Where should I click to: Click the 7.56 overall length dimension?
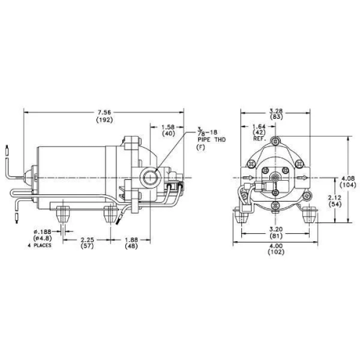coord(104,112)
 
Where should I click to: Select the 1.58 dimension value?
coord(168,127)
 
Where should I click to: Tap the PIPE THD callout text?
coord(212,140)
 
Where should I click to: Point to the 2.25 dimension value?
coord(87,240)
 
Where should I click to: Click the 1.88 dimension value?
coord(131,240)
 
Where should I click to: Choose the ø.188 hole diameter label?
coord(42,232)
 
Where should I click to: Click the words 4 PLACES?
coord(40,246)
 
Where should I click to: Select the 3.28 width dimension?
coord(276,111)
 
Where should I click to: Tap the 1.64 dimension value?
coord(259,126)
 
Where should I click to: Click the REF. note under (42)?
coord(259,139)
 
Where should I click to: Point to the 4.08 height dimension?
coord(348,179)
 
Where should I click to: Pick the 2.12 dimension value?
coord(334,198)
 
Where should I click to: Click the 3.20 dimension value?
coord(276,229)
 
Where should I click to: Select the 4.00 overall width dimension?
coord(276,246)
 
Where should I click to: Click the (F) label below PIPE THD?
coord(201,148)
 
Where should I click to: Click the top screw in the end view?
coord(276,140)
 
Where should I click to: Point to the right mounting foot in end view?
coord(309,215)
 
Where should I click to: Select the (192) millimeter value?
coord(104,120)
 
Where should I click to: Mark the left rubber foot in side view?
coord(63,214)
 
